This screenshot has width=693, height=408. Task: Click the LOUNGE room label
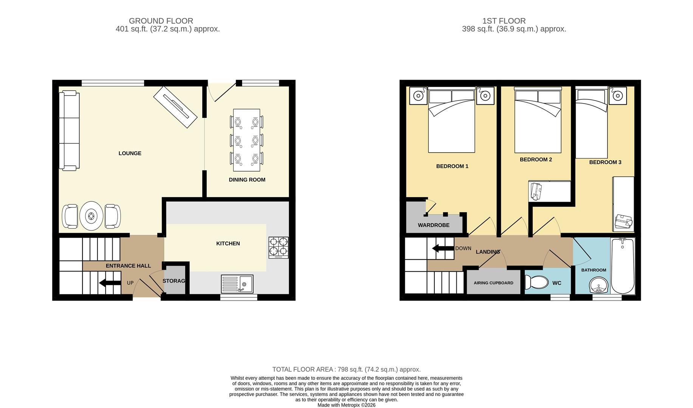pos(130,153)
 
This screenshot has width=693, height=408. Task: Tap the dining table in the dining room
pos(247,140)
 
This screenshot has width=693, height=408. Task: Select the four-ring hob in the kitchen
pos(279,247)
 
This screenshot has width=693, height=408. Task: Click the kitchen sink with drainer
pos(237,284)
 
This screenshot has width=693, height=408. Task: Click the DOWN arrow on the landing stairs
pos(443,248)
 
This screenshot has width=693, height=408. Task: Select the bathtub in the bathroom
pos(622,266)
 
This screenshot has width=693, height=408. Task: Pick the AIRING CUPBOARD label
pos(493,283)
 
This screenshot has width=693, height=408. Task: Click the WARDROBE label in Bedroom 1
pos(434,225)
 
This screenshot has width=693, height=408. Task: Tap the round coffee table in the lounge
pos(91,216)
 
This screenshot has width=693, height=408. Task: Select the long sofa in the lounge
pos(69,131)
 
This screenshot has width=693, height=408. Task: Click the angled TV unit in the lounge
pos(175,107)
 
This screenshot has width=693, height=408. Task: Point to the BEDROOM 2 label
pos(536,159)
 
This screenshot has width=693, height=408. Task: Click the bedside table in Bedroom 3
pos(617,96)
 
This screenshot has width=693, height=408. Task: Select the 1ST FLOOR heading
pos(504,21)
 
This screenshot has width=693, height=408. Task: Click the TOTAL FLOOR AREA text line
pos(346,369)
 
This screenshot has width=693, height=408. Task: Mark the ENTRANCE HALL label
pos(128,266)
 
